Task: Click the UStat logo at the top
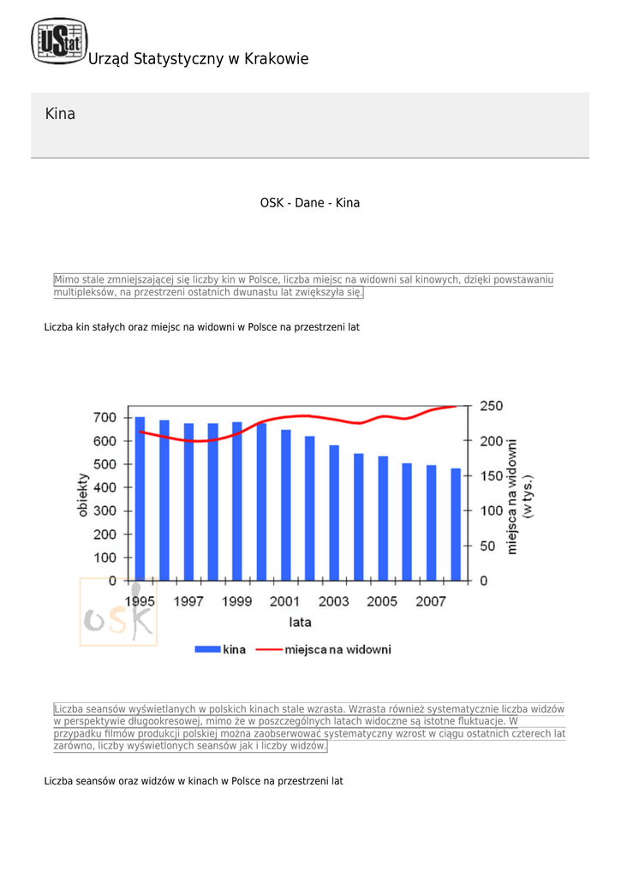(x=59, y=40)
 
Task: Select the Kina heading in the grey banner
(x=60, y=114)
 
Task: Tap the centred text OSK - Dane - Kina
(x=310, y=202)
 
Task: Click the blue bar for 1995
(x=140, y=499)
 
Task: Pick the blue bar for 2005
(x=383, y=518)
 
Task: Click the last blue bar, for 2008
(x=456, y=525)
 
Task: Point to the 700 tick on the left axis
(x=104, y=417)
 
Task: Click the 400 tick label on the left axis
(x=104, y=487)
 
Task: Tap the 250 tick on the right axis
(x=491, y=406)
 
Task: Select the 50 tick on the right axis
(x=487, y=546)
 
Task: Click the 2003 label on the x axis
(x=333, y=601)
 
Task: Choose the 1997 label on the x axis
(x=188, y=601)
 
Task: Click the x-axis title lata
(x=300, y=622)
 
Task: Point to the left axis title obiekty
(x=83, y=494)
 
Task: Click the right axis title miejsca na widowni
(x=511, y=497)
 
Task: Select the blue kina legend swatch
(x=207, y=649)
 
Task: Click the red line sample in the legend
(x=269, y=649)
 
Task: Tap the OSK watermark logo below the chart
(x=118, y=612)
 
